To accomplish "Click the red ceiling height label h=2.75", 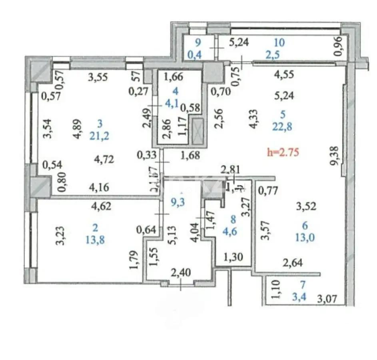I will point(283,152).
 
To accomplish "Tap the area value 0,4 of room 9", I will point(198,54).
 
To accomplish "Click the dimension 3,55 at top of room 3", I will point(98,78).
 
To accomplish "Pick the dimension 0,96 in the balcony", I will point(338,46).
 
